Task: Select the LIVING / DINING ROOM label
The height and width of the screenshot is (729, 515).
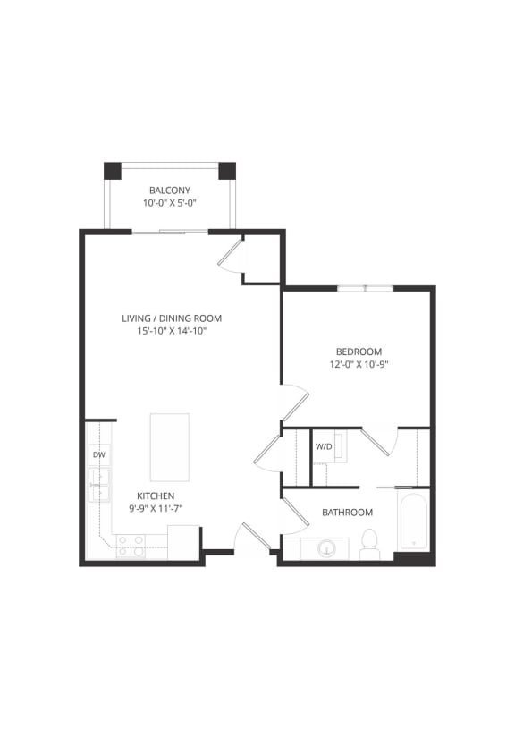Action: [x=172, y=318]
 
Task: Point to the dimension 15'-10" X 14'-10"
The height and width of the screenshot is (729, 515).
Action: [x=172, y=331]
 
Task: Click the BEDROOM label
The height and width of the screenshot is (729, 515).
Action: [x=359, y=352]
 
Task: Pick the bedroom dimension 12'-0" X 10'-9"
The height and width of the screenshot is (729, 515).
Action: [x=359, y=365]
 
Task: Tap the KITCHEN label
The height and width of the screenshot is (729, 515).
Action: [x=156, y=496]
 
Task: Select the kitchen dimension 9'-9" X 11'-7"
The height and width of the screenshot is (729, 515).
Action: [x=156, y=509]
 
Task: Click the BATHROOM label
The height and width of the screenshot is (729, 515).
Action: [x=347, y=513]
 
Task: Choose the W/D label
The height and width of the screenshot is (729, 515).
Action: [x=323, y=445]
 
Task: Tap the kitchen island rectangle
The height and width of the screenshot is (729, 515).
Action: [x=169, y=447]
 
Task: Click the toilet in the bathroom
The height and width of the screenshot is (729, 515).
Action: [x=369, y=542]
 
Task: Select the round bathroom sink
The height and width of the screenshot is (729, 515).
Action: [x=328, y=547]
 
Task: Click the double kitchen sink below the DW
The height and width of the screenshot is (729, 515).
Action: [x=98, y=485]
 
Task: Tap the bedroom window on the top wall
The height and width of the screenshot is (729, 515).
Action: [x=365, y=288]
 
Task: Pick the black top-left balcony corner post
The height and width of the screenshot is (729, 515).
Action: [x=112, y=170]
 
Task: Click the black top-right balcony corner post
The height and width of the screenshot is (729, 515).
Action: [x=227, y=170]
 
